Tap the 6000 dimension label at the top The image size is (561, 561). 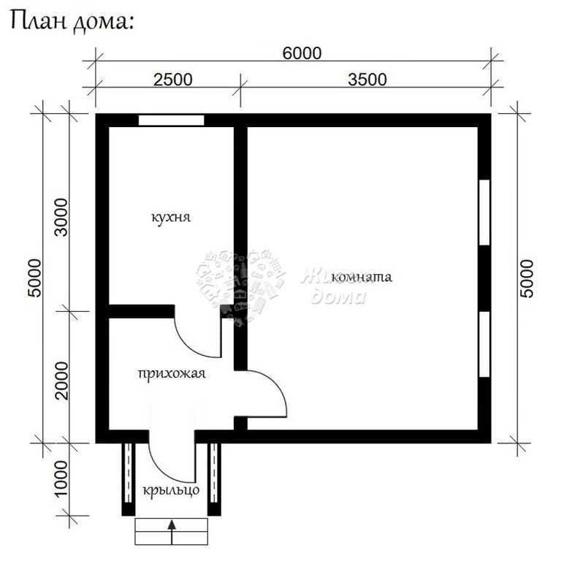[x=302, y=53]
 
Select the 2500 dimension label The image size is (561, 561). [x=173, y=80]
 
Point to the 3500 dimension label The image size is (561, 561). [x=367, y=80]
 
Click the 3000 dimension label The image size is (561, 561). [x=61, y=218]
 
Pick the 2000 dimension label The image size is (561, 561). [x=61, y=381]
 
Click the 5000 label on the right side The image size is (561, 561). [x=527, y=279]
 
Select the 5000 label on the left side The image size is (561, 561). [x=35, y=278]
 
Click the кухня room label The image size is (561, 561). [x=171, y=218]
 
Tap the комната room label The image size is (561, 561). [x=362, y=277]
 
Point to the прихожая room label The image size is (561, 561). [x=172, y=374]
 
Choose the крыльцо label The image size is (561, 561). [x=171, y=490]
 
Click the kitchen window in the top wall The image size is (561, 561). [x=172, y=121]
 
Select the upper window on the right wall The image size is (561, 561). [x=484, y=213]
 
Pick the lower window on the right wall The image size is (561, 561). [x=484, y=344]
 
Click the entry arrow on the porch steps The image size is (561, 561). [x=172, y=532]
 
